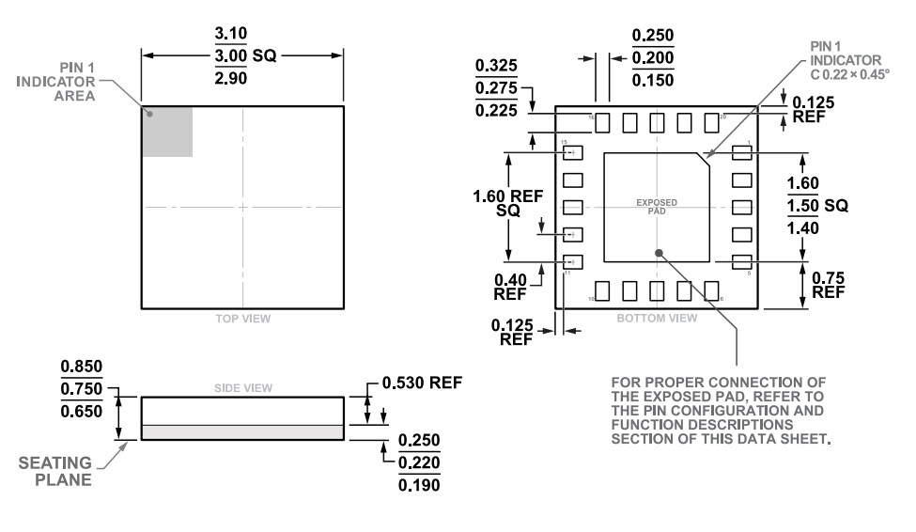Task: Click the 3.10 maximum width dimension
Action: tap(231, 34)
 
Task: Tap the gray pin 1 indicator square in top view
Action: tap(167, 131)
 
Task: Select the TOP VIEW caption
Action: tap(242, 319)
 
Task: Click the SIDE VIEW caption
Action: tap(243, 387)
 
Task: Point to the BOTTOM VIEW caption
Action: tap(657, 319)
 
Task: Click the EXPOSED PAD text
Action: tap(656, 207)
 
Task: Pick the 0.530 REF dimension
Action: tap(422, 383)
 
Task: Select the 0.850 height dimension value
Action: tap(82, 367)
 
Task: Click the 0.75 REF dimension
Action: tap(828, 284)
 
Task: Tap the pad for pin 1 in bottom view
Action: tap(741, 152)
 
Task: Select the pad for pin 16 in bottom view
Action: tap(603, 123)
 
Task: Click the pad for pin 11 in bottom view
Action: tap(572, 262)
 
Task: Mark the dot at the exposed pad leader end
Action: tap(660, 252)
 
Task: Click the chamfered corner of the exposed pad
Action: tap(703, 159)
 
